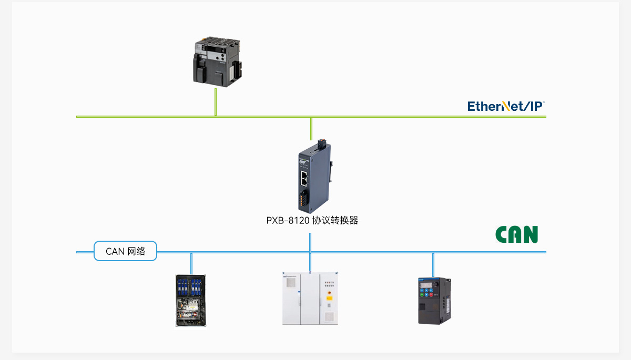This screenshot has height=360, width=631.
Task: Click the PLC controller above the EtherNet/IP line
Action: [x=217, y=61]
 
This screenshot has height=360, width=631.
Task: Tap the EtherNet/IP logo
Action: [x=506, y=106]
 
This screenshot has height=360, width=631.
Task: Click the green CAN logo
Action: [x=516, y=234]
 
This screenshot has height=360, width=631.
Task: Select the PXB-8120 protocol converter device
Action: [x=315, y=176]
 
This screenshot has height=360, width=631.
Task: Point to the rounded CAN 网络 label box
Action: [x=125, y=251]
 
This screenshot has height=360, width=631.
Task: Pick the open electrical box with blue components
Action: [x=191, y=301]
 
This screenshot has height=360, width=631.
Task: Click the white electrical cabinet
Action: [x=310, y=299]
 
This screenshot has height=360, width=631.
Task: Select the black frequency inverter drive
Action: [x=435, y=301]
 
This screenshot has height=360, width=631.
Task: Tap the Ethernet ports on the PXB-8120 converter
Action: [x=304, y=178]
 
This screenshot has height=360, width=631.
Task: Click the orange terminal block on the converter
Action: [x=302, y=200]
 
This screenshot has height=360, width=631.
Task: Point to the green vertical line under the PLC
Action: [x=216, y=102]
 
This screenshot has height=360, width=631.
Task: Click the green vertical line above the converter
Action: [x=311, y=129]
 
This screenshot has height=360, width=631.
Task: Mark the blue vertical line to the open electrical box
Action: [x=191, y=264]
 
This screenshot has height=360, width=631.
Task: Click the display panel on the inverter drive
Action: [x=425, y=285]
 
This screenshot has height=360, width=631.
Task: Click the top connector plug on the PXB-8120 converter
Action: [x=322, y=144]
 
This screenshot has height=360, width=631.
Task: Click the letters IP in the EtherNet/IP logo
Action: [x=536, y=106]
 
